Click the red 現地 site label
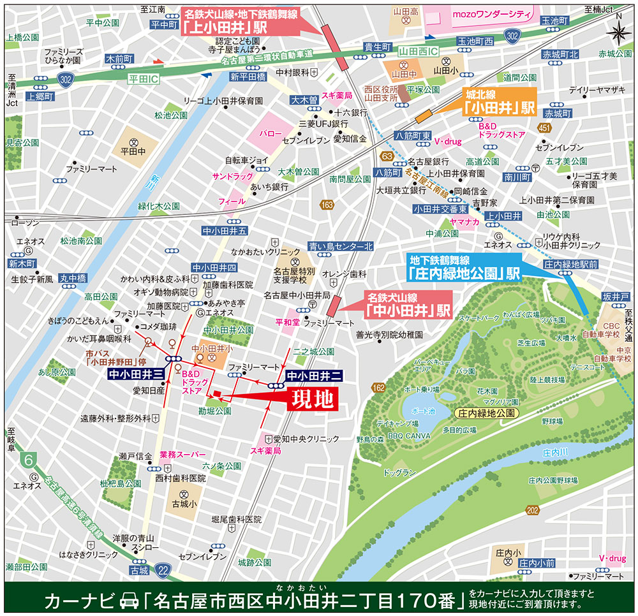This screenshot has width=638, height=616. pyautogui.click(x=313, y=399)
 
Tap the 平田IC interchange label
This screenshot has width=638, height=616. pyautogui.click(x=142, y=79)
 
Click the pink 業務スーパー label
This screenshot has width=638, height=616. pyautogui.click(x=183, y=455)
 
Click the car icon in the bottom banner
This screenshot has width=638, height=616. pyautogui.click(x=128, y=601)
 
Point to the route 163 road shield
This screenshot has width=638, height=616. pyautogui.click(x=327, y=205)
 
